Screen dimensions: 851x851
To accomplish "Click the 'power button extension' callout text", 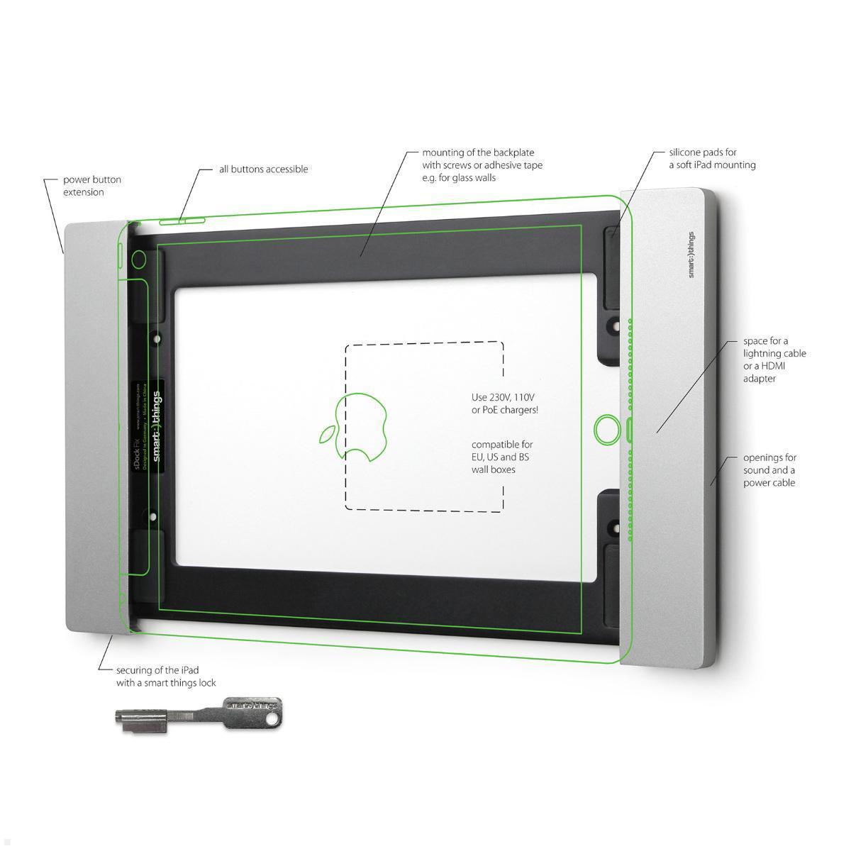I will [x=92, y=186].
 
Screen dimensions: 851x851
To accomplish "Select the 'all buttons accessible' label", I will [x=263, y=169].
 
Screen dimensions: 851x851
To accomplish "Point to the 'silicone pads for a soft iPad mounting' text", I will [x=712, y=159].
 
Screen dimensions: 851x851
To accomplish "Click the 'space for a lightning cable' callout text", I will [x=774, y=360].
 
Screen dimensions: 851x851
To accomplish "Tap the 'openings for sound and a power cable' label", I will [x=769, y=470].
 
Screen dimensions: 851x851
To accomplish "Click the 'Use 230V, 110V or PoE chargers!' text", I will [x=504, y=404].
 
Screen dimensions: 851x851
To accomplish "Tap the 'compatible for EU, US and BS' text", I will [x=501, y=457].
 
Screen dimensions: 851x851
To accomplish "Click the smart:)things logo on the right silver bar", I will [x=691, y=255].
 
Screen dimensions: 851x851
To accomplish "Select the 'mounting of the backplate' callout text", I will [x=482, y=165].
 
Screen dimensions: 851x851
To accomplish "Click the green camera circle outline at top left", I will [x=139, y=259].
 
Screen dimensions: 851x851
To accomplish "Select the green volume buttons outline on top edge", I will [x=182, y=221].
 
